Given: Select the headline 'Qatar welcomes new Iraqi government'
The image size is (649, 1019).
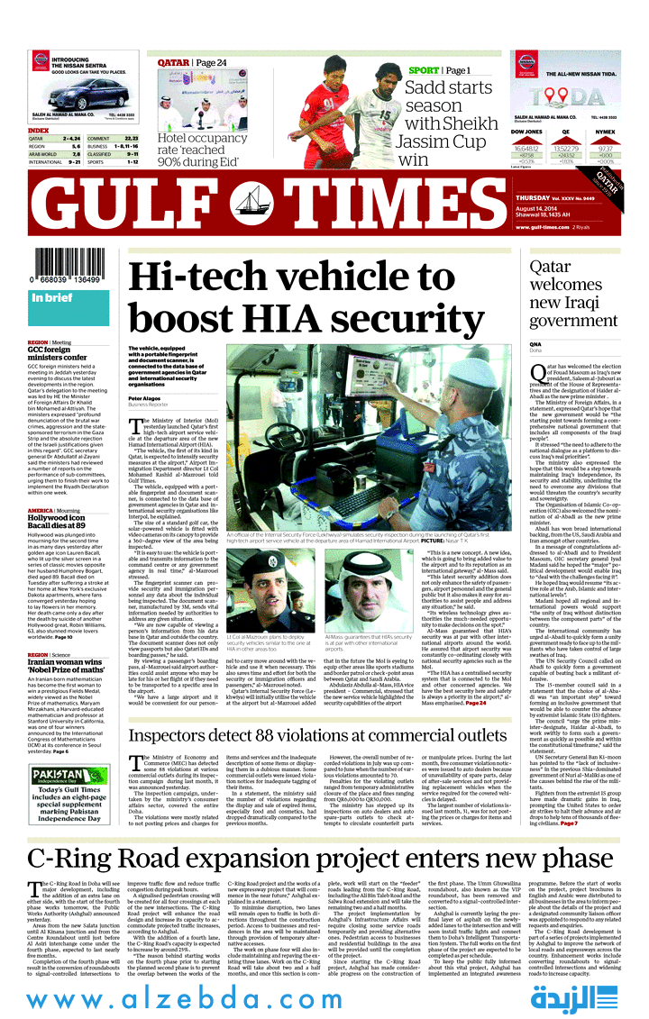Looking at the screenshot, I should (572, 294).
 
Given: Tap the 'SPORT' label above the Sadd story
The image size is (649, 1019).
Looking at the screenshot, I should (424, 70).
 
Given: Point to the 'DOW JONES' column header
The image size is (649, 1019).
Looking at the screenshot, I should (526, 132).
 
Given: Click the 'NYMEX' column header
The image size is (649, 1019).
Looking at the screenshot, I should (605, 132).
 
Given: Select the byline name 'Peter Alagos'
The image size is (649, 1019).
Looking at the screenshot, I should (145, 398).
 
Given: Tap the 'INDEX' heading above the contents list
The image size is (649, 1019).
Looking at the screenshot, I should (39, 131).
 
